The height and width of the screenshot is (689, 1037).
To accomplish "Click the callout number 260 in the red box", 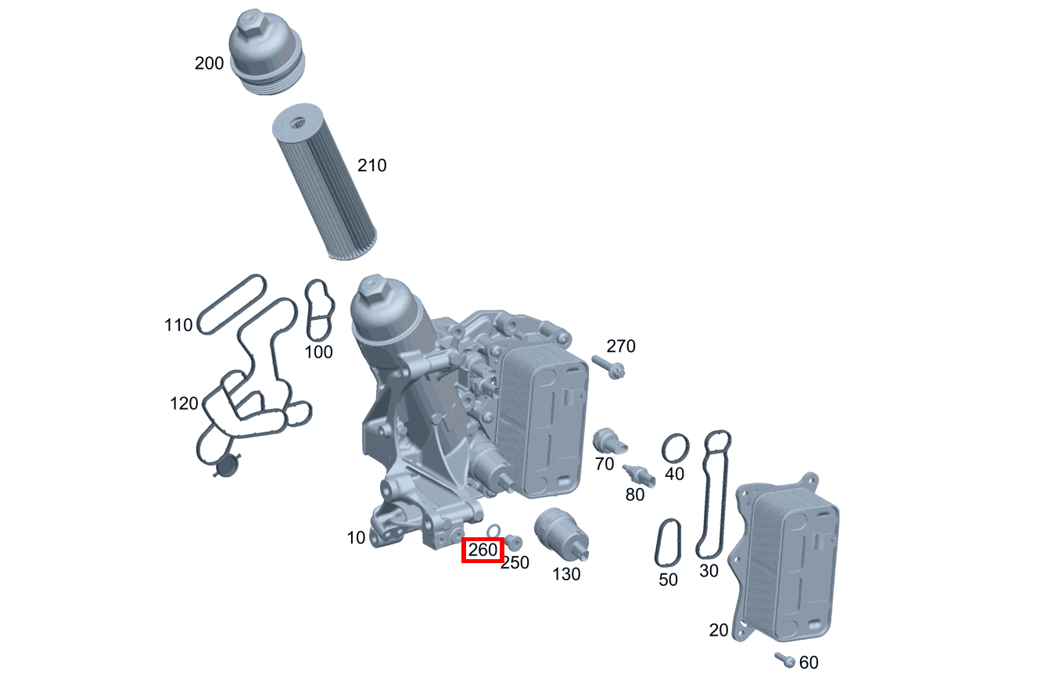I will coord(483,551).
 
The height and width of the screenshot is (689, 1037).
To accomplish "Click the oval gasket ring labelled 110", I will coord(232,303).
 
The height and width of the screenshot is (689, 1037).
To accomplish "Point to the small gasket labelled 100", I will coord(319,310).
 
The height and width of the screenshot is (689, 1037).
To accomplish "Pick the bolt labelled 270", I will coord(608,366).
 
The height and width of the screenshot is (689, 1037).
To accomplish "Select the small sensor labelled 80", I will coord(637,475).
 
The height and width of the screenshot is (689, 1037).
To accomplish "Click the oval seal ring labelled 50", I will coord(667,543).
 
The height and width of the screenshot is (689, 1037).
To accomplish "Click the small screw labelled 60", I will coord(784,660).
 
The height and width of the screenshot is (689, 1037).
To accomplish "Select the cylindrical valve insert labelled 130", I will coord(560,533).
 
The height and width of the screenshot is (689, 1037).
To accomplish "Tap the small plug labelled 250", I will coord(514,541).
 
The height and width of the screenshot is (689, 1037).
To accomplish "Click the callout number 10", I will coord(356,538).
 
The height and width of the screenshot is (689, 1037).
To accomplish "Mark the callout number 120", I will coord(185,404).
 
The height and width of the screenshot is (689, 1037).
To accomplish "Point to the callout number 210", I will coord(371,166).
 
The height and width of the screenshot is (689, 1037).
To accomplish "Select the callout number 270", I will coord(621,346).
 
